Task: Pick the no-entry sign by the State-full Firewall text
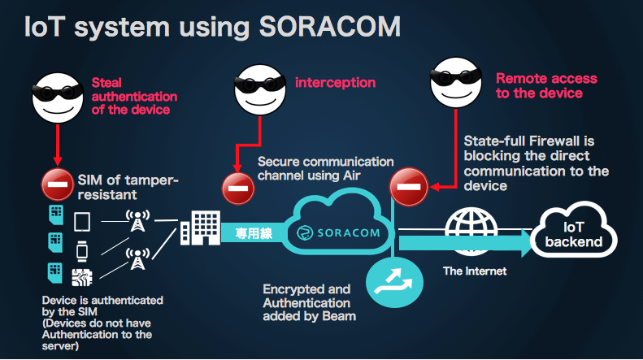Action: [x=408, y=188]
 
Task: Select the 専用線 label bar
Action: [x=252, y=232]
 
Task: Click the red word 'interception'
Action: [x=335, y=82]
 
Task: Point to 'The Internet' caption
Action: [x=475, y=271]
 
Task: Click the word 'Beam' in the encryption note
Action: [x=340, y=316]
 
